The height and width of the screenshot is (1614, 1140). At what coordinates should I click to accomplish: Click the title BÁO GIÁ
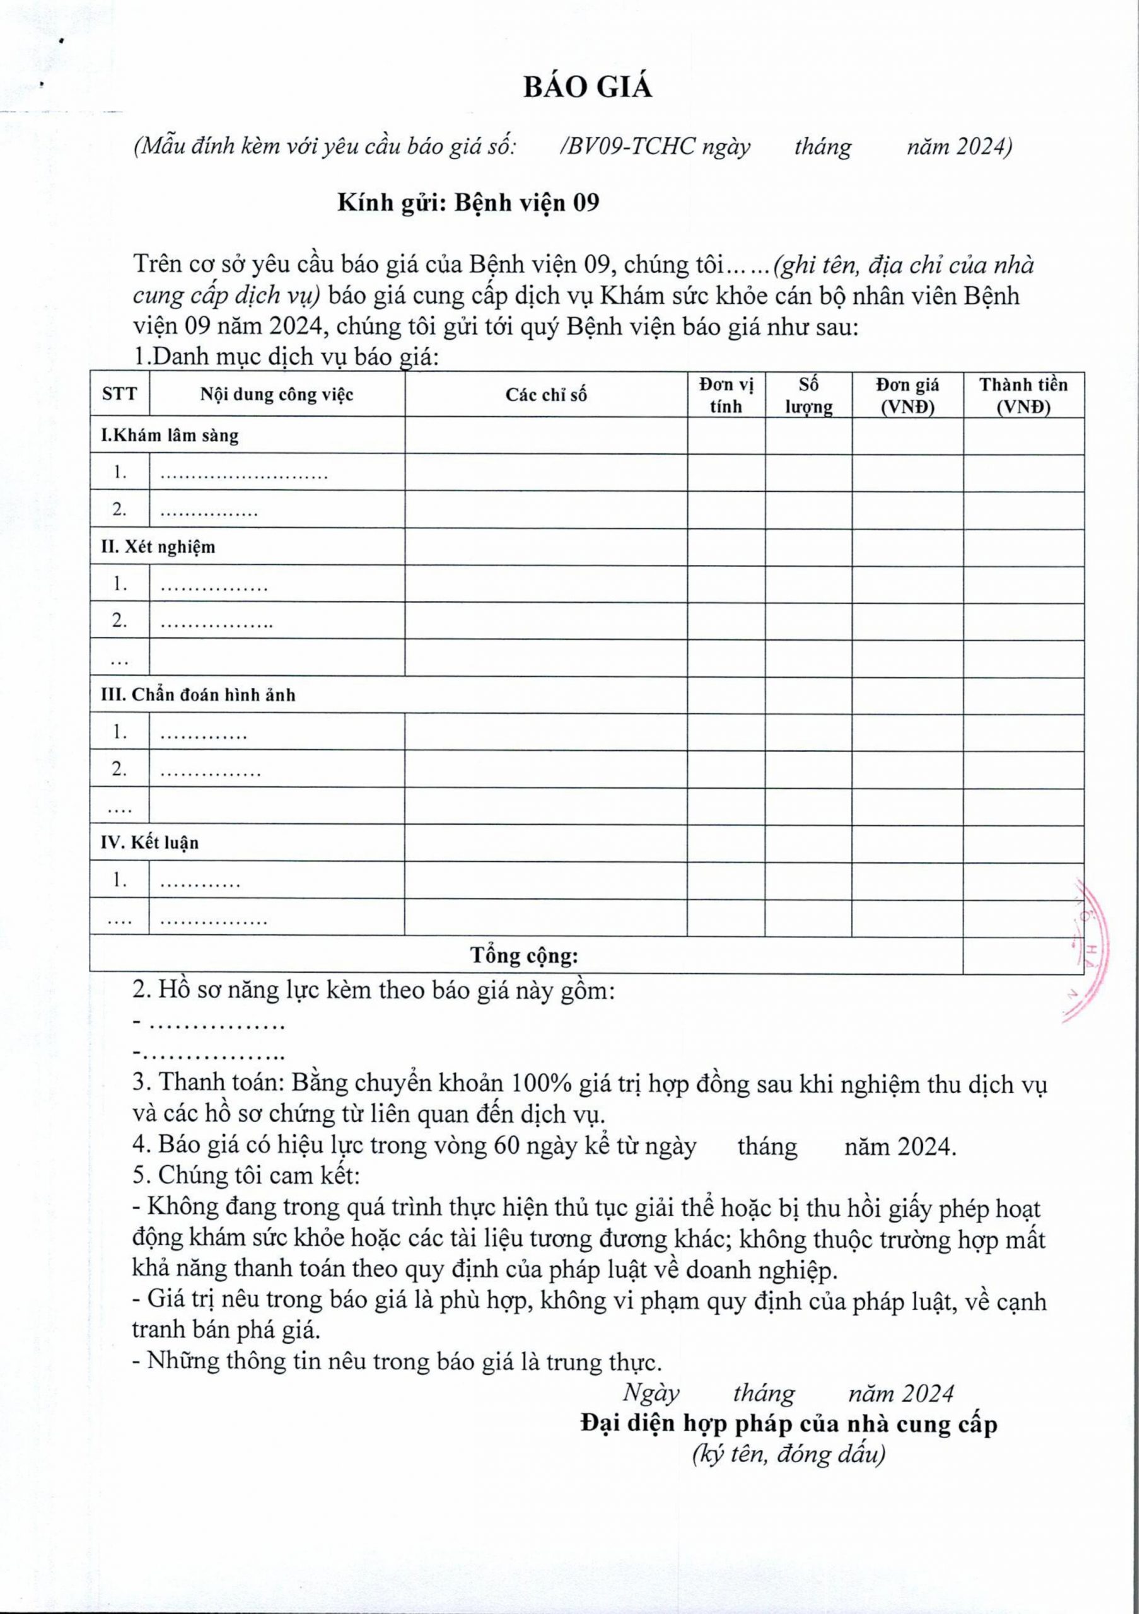coord(588,88)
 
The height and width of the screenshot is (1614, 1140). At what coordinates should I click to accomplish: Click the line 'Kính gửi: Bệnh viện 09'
coord(468,203)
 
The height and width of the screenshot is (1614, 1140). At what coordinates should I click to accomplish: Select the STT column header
coord(119,395)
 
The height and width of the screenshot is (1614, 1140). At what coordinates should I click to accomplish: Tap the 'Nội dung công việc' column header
coord(277,395)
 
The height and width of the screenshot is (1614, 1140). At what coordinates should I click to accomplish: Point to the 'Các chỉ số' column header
coord(545,395)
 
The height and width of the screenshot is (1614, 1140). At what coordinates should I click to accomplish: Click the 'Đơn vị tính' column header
coord(726,395)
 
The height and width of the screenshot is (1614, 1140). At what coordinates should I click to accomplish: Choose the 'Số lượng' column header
coord(808,395)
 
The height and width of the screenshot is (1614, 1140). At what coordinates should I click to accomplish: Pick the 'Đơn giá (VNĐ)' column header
coord(907,395)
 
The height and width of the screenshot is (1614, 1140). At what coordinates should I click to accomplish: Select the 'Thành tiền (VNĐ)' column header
coord(1023,395)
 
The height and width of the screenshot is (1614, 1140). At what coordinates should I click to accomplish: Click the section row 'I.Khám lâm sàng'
coord(170,436)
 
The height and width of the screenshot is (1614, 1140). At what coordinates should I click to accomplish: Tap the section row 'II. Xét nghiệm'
coord(158,547)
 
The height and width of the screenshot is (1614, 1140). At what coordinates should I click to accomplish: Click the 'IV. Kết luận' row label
coord(149,843)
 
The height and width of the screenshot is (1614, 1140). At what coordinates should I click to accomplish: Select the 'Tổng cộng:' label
coord(525,955)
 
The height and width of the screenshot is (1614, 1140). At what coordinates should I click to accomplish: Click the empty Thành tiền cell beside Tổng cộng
coord(1023,955)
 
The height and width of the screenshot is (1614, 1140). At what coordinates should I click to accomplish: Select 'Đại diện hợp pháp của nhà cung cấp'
coord(789,1424)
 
